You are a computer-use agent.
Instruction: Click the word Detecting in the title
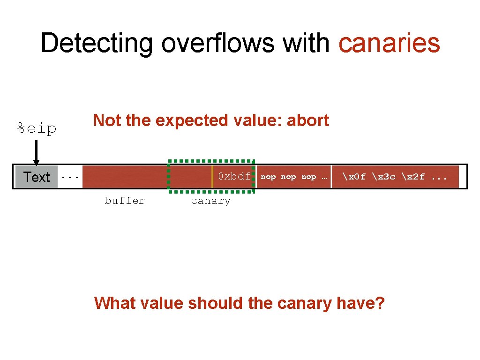coord(96,43)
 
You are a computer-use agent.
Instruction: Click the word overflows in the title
coord(218,43)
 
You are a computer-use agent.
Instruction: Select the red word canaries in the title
coord(389,43)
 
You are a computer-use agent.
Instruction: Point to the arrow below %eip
coord(36,152)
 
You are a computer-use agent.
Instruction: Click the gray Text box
coord(36,177)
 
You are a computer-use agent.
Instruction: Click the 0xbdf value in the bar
coord(234,177)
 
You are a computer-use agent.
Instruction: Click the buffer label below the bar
coord(125,201)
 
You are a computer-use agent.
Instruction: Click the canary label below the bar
coord(210,201)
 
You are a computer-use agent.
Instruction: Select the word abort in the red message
coord(307,120)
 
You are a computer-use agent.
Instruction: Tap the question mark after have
coord(379,303)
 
